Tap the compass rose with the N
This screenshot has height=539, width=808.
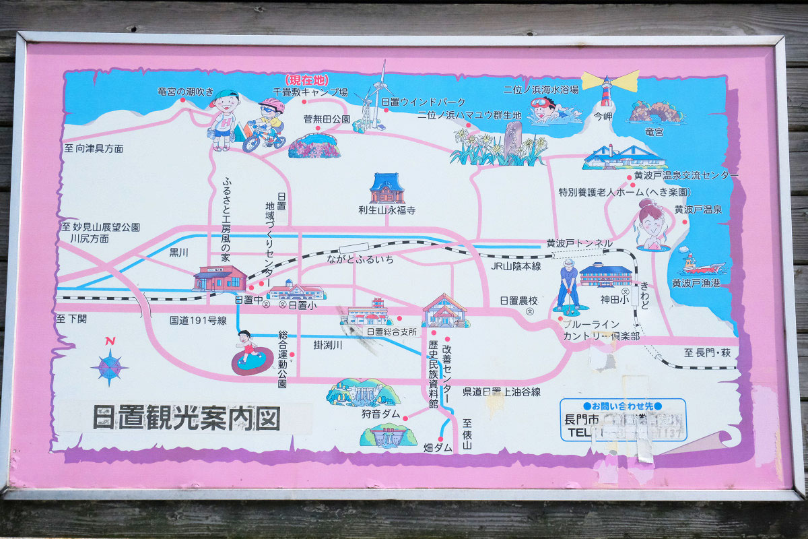point(109,366)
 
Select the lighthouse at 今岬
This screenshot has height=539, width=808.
point(607,90)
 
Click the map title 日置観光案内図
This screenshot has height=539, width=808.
point(186,418)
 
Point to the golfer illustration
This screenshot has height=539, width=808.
point(569,286)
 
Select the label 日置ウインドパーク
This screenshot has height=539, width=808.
point(423,102)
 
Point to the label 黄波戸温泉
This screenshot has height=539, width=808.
point(698,210)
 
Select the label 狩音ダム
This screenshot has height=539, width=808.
point(380,414)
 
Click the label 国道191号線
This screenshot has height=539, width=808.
point(198,321)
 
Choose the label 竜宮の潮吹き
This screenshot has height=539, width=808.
point(185,92)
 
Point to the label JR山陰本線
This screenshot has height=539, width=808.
point(516,266)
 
